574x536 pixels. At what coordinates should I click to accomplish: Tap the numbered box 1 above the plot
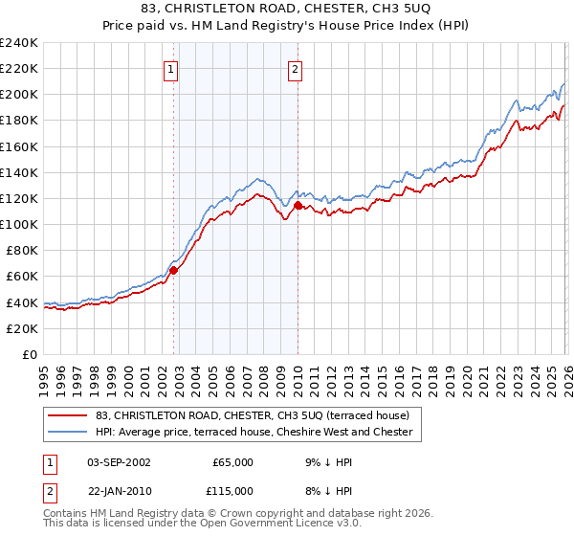click(170, 69)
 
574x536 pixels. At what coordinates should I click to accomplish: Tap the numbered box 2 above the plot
click(295, 69)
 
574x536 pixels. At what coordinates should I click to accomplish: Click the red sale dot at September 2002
click(173, 270)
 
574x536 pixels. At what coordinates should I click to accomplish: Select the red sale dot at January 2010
click(298, 205)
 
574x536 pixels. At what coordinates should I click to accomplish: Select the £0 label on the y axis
click(29, 354)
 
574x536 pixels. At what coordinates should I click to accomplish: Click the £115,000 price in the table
click(232, 490)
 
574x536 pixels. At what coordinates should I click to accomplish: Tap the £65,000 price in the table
click(232, 462)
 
